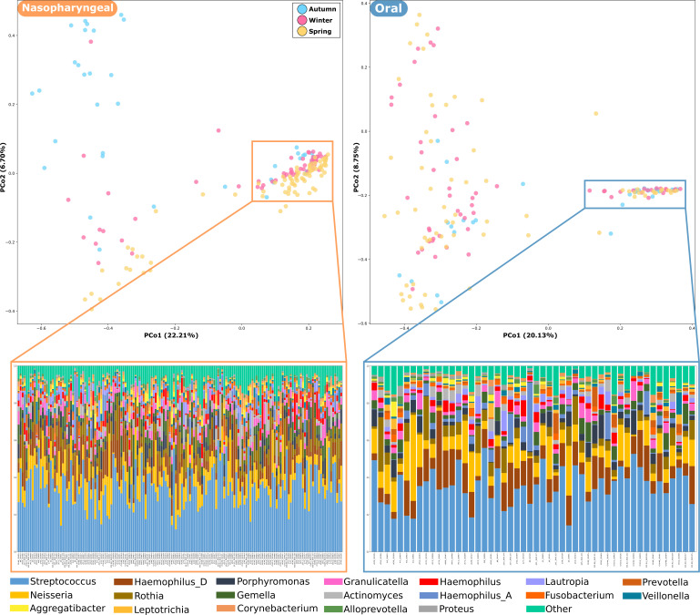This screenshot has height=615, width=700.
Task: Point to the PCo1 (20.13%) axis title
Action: [x=522, y=336]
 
